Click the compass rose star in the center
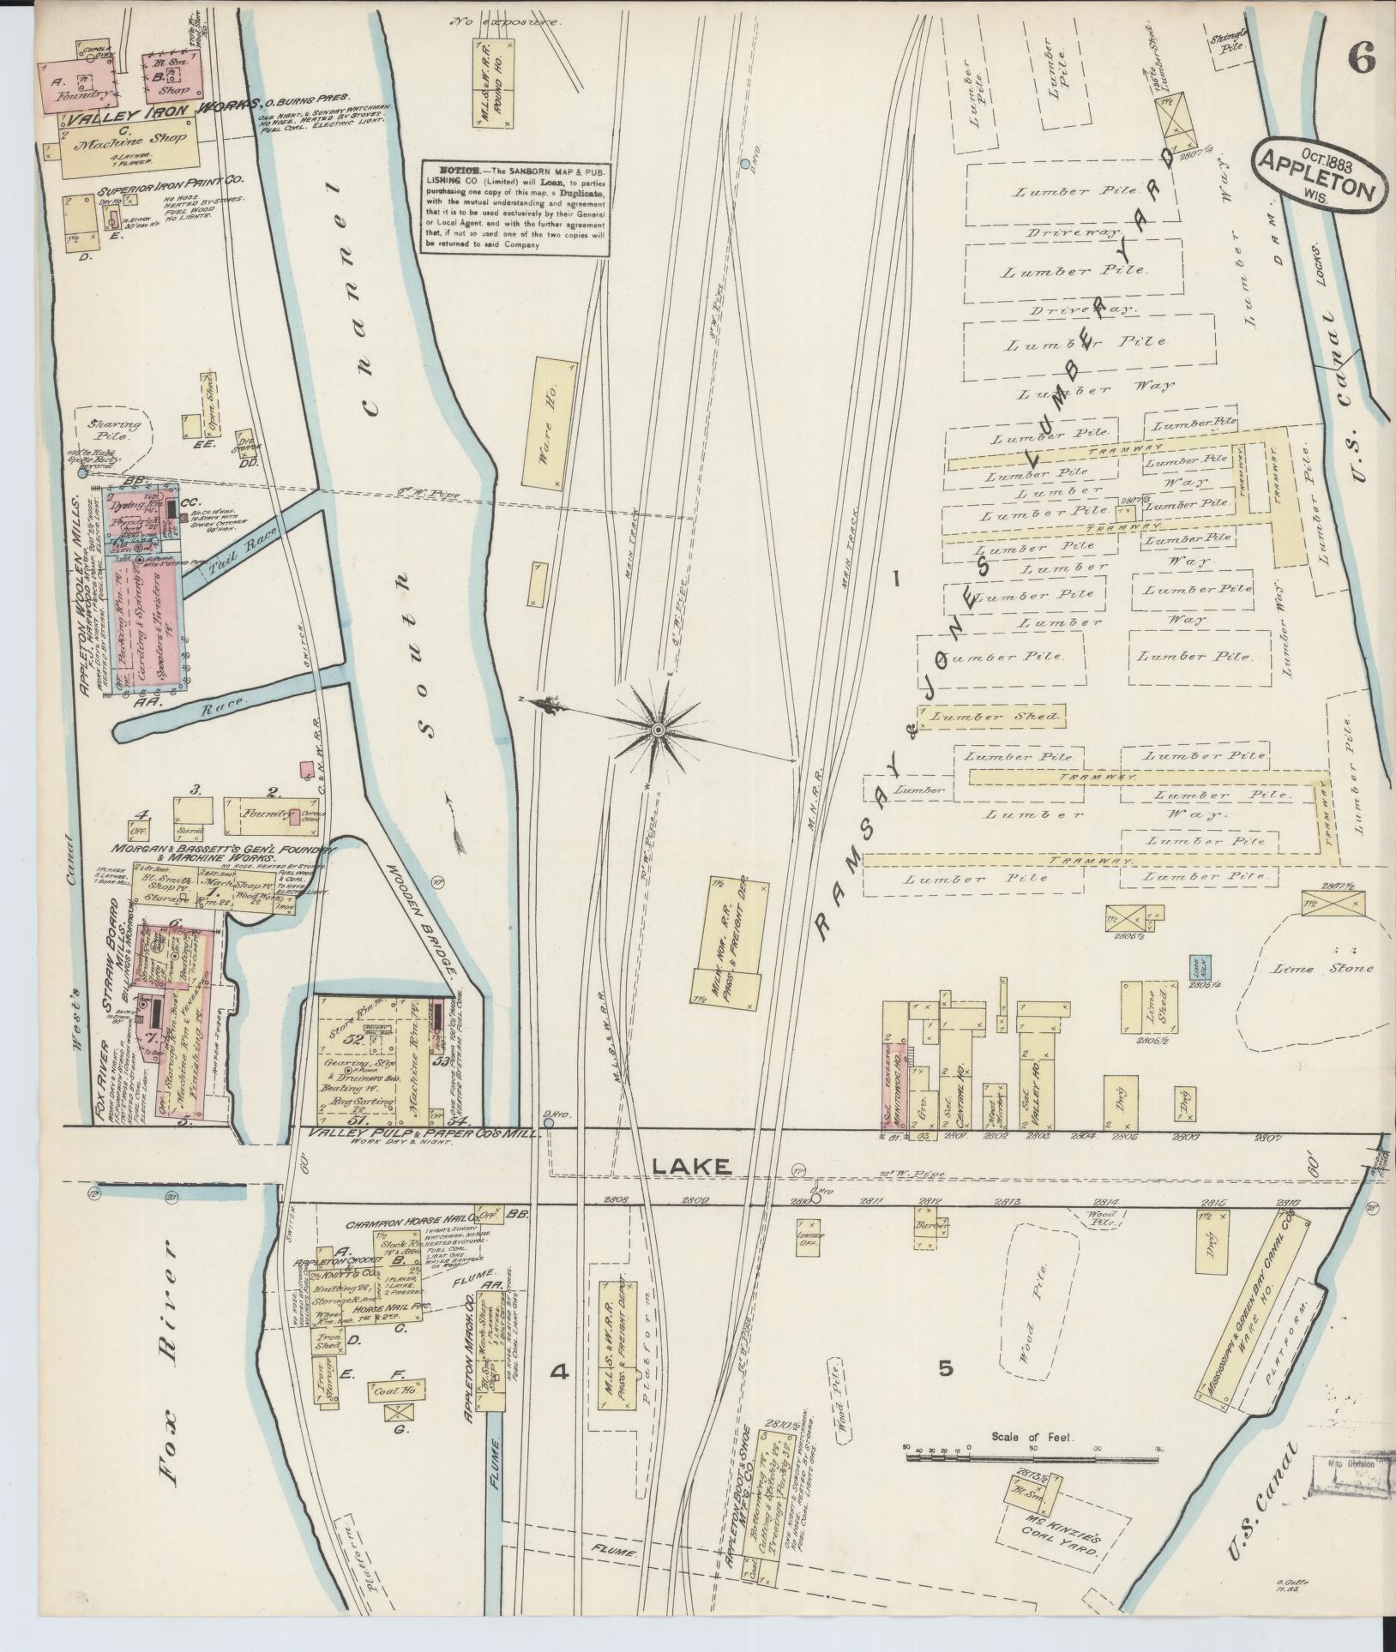point(658,729)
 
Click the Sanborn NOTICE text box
point(515,207)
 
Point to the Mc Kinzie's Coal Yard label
point(1056,1541)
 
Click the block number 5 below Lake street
point(945,1368)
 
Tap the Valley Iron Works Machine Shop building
point(128,141)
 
